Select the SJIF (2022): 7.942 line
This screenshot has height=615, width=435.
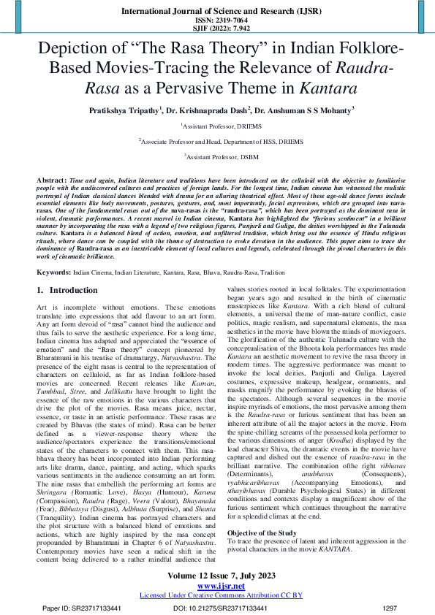point(217,28)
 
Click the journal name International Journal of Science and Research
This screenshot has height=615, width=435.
point(217,11)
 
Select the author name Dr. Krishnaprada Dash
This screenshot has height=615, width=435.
point(208,110)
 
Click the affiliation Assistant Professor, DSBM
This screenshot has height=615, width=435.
point(218,156)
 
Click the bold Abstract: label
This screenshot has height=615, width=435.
point(53,179)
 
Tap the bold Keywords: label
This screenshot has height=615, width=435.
point(53,251)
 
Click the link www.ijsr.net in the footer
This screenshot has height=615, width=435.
point(217,586)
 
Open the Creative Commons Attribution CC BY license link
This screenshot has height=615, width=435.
point(217,595)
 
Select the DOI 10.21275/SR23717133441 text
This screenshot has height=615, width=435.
point(220,608)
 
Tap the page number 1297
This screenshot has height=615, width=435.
point(390,608)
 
